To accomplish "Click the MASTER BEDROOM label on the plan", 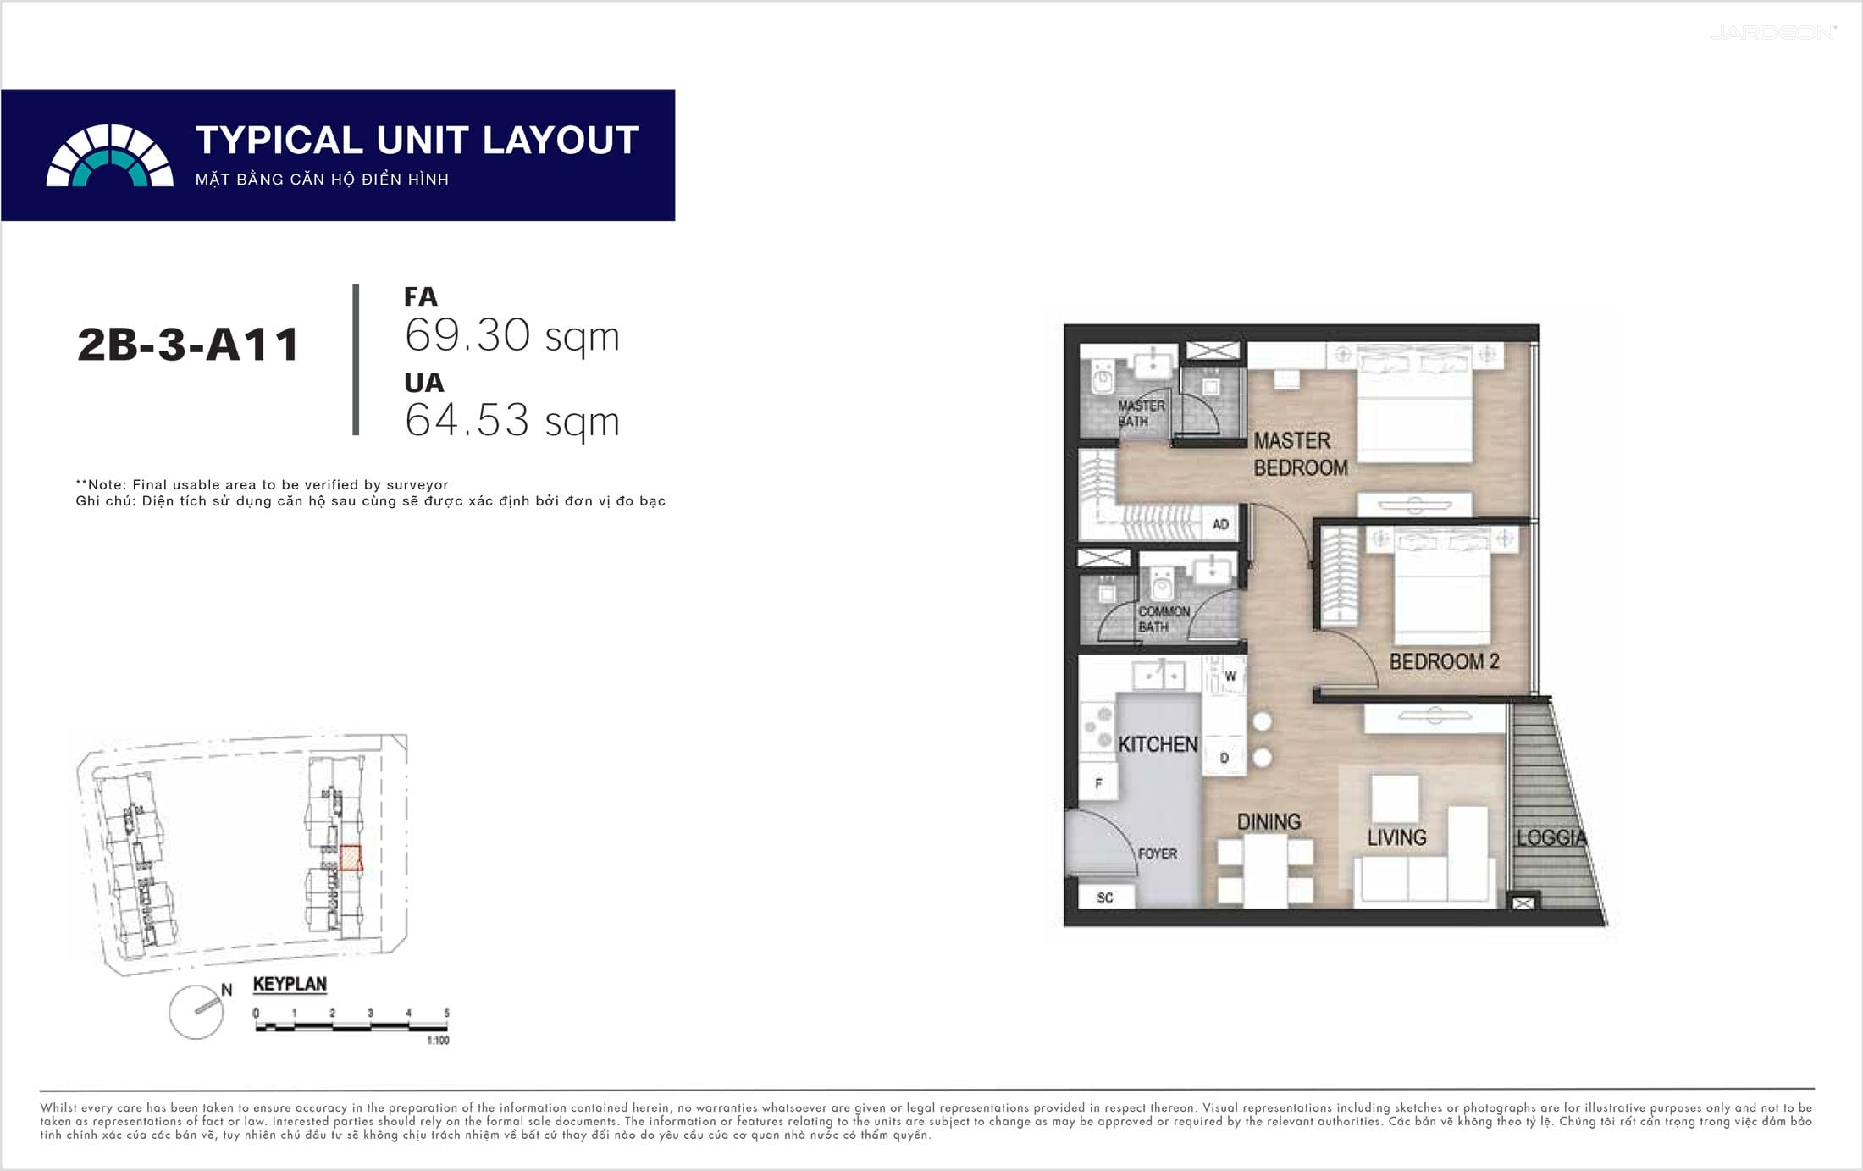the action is (1301, 454).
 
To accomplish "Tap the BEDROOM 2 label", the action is (1444, 661).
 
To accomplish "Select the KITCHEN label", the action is (1158, 744).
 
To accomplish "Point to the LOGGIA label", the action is (1551, 837).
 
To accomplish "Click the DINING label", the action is (1269, 821).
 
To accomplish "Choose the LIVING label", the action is (1396, 837).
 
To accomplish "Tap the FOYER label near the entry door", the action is (1157, 853).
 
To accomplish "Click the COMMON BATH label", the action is (1164, 619).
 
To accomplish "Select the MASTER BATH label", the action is (1141, 413).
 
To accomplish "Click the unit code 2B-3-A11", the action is (188, 345).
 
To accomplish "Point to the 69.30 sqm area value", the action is (512, 335).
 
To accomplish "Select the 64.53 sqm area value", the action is (512, 420).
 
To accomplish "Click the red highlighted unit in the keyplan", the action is (351, 858).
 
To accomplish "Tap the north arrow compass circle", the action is (196, 1012).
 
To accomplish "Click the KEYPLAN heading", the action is (290, 984).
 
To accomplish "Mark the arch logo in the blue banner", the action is (110, 155).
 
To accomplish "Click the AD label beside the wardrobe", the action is (1220, 524).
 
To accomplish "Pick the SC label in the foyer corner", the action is (1105, 898).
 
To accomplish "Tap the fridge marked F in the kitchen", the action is (1097, 783).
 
